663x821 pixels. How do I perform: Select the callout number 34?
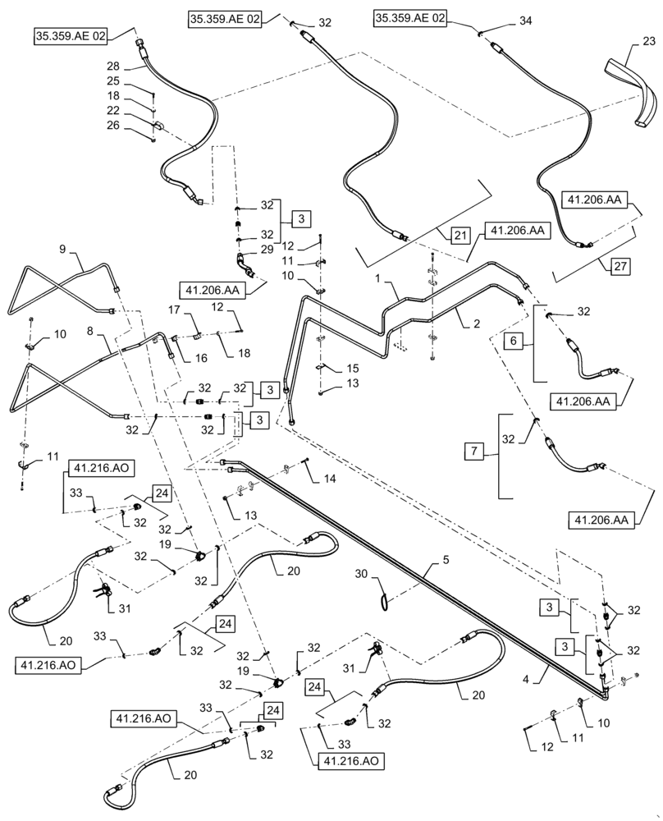click(525, 23)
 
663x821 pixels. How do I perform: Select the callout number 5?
click(446, 562)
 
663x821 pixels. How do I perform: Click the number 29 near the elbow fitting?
click(266, 249)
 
